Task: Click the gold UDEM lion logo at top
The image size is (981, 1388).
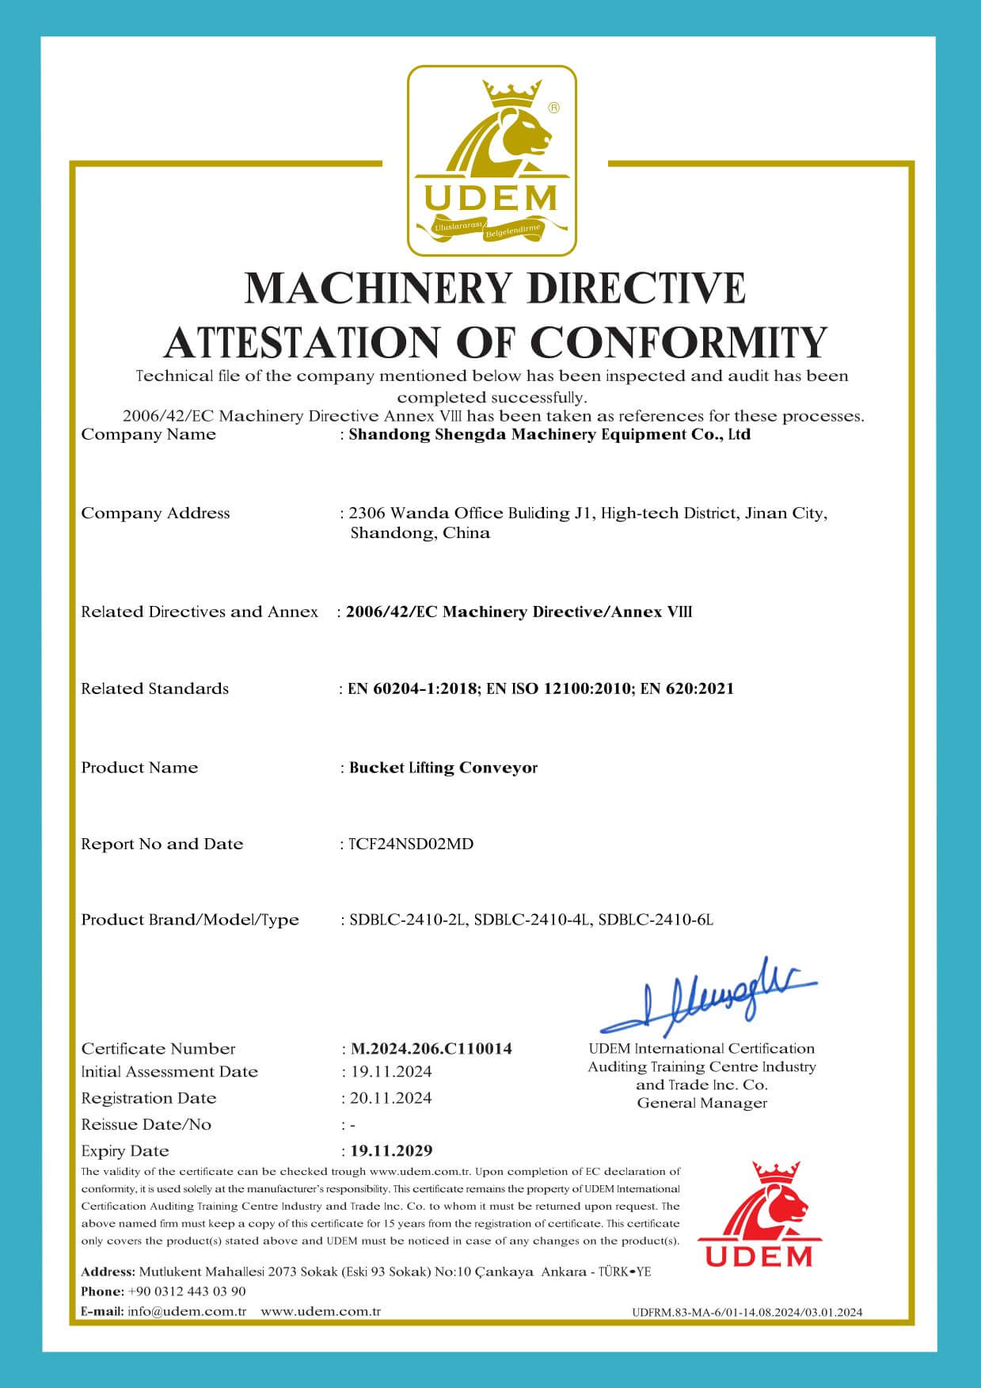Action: [492, 161]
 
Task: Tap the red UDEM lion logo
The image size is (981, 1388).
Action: [759, 1214]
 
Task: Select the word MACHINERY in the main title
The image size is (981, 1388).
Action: [378, 287]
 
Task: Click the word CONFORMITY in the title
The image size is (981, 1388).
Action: [679, 341]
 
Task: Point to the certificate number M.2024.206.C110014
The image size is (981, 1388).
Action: [431, 1049]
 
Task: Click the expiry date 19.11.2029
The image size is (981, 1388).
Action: [391, 1150]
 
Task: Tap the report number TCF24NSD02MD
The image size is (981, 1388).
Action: [411, 844]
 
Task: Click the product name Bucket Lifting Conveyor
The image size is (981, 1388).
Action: [443, 768]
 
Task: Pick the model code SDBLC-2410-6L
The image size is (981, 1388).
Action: [656, 920]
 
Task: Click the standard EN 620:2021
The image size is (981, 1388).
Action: [686, 688]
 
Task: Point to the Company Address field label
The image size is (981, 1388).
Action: [155, 513]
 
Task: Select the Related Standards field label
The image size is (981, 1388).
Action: [154, 688]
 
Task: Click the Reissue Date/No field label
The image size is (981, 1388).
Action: [146, 1124]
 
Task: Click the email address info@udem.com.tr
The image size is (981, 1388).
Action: [187, 1311]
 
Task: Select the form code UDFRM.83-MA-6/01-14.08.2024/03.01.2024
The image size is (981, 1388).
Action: [747, 1312]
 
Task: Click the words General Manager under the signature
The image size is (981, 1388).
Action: [702, 1103]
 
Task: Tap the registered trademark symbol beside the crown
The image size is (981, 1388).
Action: [554, 106]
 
